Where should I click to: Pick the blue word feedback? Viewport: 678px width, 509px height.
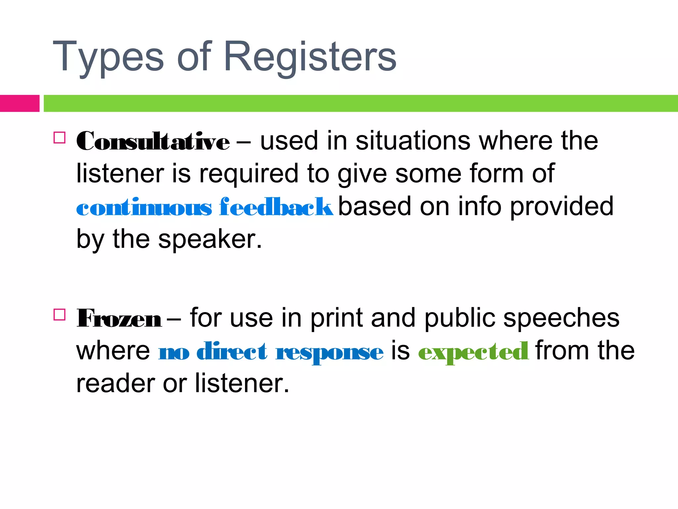[276, 207]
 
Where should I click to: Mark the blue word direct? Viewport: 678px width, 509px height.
[232, 351]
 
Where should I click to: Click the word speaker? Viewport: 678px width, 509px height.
[210, 239]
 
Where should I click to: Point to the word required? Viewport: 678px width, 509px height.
[248, 174]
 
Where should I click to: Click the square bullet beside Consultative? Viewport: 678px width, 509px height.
[59, 138]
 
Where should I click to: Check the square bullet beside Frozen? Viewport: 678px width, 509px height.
[59, 314]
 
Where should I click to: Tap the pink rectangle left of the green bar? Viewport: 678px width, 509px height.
[20, 103]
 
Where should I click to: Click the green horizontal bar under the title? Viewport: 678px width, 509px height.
[361, 103]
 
